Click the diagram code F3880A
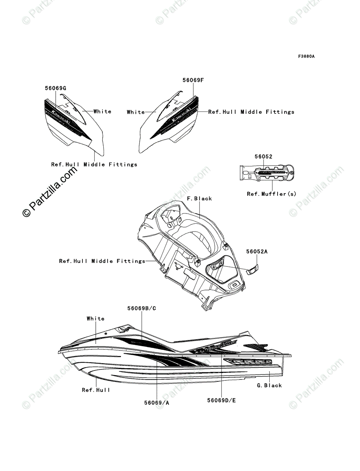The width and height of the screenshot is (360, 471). pos(306,57)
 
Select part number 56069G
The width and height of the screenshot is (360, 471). pos(55,89)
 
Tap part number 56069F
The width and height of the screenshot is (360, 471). pos(193,80)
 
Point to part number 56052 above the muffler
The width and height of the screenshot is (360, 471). pos(263,157)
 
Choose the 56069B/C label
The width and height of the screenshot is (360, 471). pos(141,308)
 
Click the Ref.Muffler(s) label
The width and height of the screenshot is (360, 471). pos(272,194)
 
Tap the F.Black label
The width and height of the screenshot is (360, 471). pos(199,199)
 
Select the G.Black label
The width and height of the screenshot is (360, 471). pos(269,385)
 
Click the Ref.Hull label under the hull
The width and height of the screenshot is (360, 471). pos(96,390)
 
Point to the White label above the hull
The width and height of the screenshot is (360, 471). pos(96,319)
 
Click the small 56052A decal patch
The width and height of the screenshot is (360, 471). pos(252,269)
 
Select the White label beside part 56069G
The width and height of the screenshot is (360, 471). pos(102,111)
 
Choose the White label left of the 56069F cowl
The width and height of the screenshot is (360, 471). pos(136,112)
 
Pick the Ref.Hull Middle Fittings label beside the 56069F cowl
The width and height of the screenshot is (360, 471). pos(251,112)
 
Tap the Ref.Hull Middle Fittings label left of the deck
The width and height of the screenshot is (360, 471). pos(102,261)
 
